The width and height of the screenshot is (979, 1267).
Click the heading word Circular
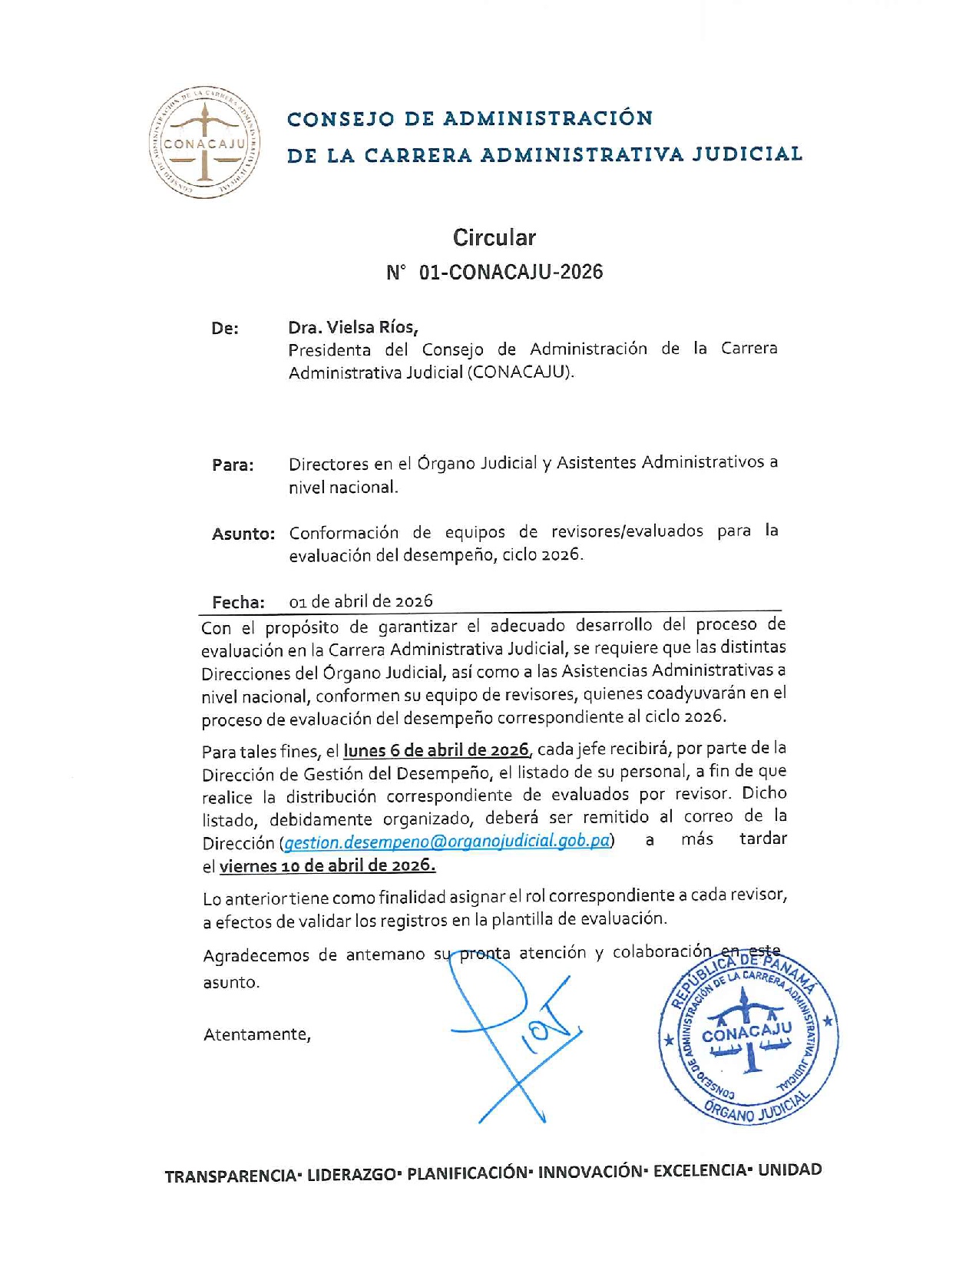coord(494,238)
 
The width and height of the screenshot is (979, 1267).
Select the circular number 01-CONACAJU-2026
coord(511,273)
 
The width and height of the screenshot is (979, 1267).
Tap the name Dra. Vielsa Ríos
coord(353,327)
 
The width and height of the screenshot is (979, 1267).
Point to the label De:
coord(225,329)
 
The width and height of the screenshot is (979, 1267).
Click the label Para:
coord(233,465)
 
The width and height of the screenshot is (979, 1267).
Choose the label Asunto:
coord(243,534)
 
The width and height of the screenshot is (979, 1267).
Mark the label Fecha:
coord(238,603)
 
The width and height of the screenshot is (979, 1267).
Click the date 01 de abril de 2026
coord(361,601)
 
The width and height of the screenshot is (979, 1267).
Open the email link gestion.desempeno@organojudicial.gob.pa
coord(448,842)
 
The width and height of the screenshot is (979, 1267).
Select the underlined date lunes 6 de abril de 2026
coord(436,749)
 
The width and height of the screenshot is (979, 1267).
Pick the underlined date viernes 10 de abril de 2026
coord(327,866)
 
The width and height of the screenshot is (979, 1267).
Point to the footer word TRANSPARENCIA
coord(230,1176)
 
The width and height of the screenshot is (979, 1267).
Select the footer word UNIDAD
coord(789,1170)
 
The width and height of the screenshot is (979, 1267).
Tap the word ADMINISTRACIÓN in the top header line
coord(548,118)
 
